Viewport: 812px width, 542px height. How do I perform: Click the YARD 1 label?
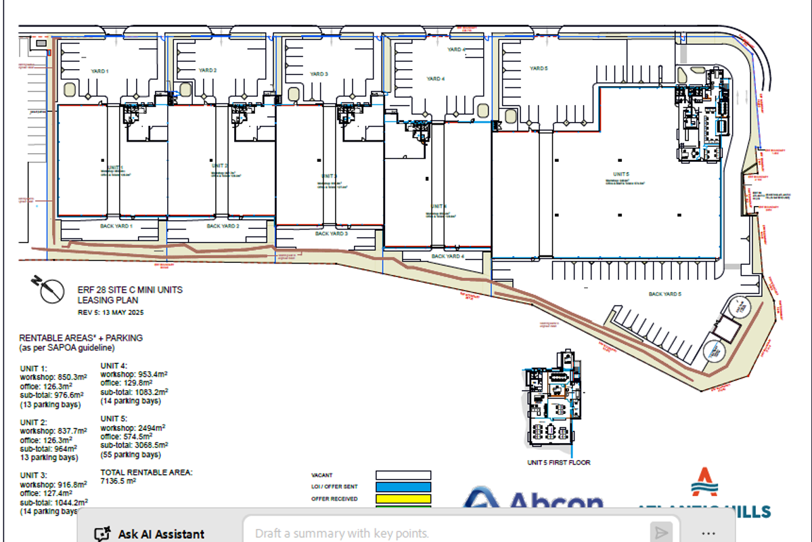[99, 71]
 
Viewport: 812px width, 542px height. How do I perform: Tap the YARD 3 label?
[319, 74]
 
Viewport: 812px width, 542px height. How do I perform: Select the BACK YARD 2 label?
[223, 226]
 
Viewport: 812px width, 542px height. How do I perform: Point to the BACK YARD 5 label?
[664, 294]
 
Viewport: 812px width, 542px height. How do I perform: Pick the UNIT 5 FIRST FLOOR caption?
[558, 463]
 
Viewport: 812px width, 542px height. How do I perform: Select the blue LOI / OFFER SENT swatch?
[403, 486]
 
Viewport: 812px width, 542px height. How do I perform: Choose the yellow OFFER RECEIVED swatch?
[403, 499]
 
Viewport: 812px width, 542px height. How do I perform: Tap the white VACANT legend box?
[403, 475]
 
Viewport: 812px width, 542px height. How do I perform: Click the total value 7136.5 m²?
[118, 481]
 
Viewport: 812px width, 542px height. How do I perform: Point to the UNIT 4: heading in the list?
[114, 364]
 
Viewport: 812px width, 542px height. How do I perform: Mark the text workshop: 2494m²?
[133, 428]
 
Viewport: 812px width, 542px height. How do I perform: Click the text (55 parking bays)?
[131, 454]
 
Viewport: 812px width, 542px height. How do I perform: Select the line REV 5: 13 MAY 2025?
[110, 312]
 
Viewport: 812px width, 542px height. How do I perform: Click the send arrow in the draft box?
[660, 533]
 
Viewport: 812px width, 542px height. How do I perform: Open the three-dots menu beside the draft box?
[708, 533]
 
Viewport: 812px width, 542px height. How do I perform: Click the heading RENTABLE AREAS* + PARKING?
[81, 338]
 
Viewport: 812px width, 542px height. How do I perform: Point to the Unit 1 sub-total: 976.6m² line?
[51, 395]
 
